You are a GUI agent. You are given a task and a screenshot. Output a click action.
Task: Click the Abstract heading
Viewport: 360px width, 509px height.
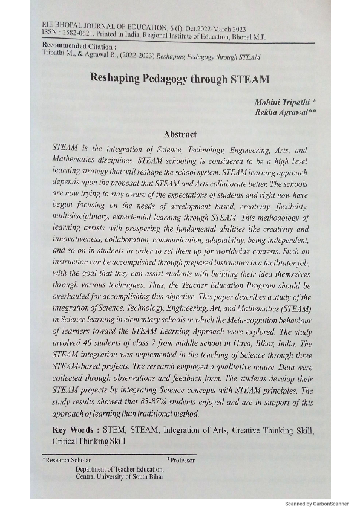click(x=180, y=135)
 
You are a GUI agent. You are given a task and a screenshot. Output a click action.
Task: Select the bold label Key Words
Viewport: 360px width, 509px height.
click(x=75, y=430)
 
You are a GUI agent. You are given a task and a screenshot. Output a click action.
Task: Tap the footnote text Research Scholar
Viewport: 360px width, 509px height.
click(x=68, y=461)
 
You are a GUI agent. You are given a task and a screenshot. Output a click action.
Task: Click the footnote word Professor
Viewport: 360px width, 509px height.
click(x=182, y=461)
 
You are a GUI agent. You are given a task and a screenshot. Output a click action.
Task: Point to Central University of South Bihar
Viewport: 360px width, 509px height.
click(x=119, y=476)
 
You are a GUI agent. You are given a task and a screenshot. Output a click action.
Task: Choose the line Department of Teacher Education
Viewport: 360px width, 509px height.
click(x=119, y=468)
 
